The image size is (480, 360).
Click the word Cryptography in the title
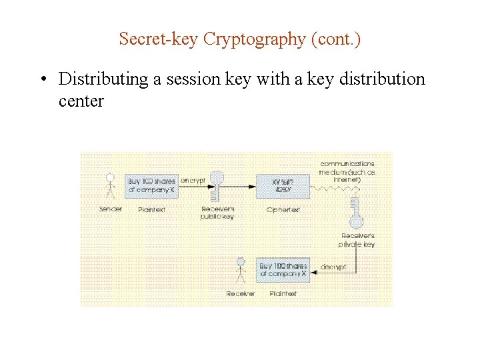(x=254, y=39)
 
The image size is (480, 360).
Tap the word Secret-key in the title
(x=159, y=39)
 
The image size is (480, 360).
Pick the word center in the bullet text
(x=81, y=101)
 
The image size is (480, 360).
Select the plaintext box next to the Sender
(x=152, y=185)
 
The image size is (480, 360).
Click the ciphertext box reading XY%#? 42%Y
(x=283, y=185)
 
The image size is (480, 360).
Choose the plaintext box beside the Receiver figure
(x=283, y=270)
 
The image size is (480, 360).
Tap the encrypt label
(x=192, y=181)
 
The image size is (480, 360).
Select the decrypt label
(x=333, y=267)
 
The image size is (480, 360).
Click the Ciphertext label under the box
(x=283, y=209)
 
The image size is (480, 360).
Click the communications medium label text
(x=347, y=171)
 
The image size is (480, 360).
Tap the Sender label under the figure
(x=111, y=209)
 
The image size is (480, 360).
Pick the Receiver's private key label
(x=358, y=240)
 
